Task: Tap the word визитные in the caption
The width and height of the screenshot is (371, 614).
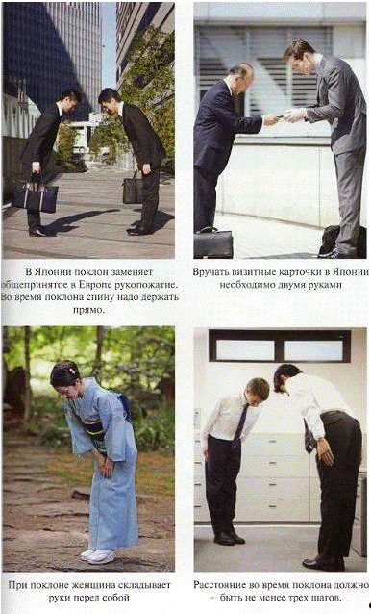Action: (250, 271)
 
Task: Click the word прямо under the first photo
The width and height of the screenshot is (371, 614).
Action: (88, 310)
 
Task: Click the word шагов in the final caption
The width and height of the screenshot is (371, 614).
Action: (327, 598)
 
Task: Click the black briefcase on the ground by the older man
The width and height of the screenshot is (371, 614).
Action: (213, 242)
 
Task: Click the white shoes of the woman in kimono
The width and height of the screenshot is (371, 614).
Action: (97, 556)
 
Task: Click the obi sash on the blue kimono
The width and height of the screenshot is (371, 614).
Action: (95, 430)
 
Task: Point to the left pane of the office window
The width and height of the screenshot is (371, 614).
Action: (245, 349)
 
